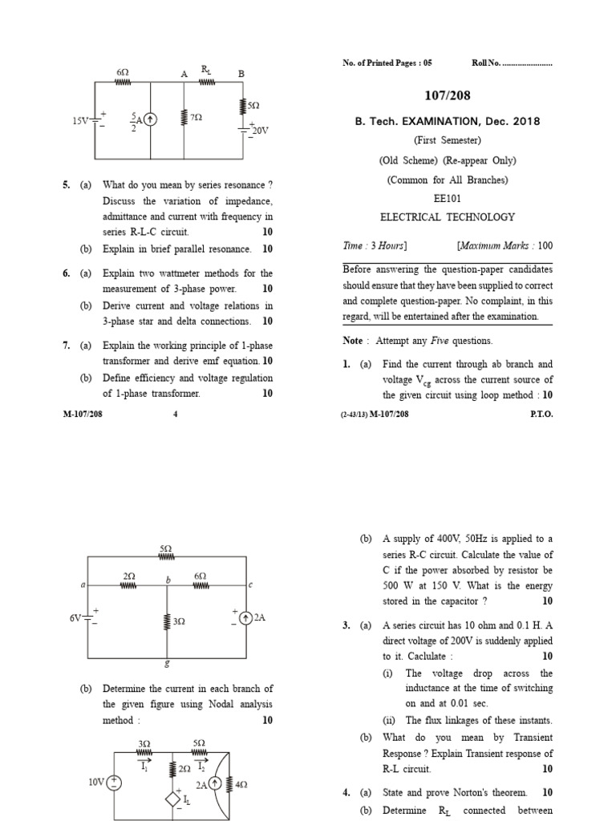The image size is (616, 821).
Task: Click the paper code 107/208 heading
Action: click(448, 95)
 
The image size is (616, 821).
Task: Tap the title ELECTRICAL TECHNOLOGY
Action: click(448, 216)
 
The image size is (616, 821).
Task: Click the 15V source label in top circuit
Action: click(81, 121)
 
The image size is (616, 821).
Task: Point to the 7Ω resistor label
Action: click(197, 118)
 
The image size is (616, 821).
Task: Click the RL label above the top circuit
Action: click(206, 71)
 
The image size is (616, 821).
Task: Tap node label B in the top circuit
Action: click(240, 74)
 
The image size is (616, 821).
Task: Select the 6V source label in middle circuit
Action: click(75, 617)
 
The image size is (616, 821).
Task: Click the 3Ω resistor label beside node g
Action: click(179, 621)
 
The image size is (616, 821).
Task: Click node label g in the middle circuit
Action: click(166, 663)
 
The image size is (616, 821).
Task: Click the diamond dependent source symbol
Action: click(171, 799)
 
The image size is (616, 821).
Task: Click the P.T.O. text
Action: click(541, 415)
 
